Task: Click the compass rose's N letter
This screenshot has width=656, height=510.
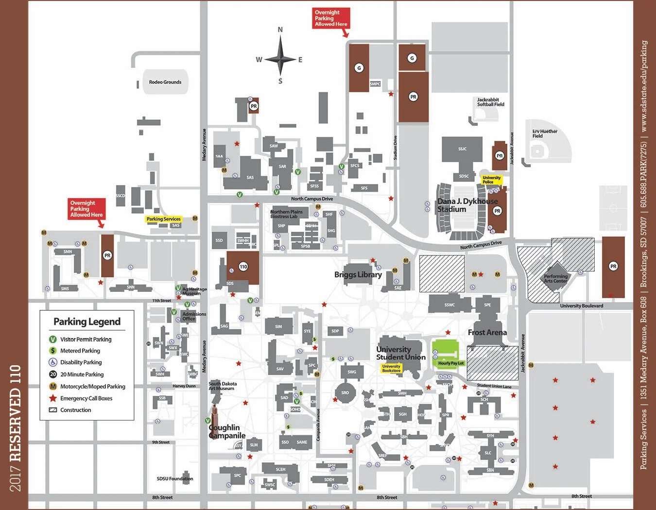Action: pyautogui.click(x=280, y=30)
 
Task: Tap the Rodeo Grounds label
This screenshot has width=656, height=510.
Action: pyautogui.click(x=165, y=82)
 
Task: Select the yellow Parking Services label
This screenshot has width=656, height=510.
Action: pyautogui.click(x=163, y=219)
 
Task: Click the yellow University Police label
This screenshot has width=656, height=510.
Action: pyautogui.click(x=491, y=180)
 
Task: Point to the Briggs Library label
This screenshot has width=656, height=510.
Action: pyautogui.click(x=358, y=274)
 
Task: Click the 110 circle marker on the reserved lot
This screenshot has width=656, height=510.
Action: pyautogui.click(x=243, y=266)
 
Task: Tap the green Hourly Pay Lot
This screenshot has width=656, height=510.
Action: pyautogui.click(x=445, y=352)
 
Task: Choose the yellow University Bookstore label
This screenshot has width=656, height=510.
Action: pyautogui.click(x=391, y=368)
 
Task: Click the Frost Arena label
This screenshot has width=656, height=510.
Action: pyautogui.click(x=487, y=332)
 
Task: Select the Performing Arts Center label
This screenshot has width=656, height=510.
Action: pyautogui.click(x=555, y=278)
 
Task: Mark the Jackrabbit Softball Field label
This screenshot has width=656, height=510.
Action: pyautogui.click(x=490, y=102)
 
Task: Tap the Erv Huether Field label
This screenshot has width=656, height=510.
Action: pyautogui.click(x=544, y=134)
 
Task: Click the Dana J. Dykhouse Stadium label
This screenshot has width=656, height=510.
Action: pyautogui.click(x=467, y=205)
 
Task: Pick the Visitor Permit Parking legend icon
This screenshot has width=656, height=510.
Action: pyautogui.click(x=53, y=339)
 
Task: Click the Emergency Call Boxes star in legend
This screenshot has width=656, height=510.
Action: pyautogui.click(x=53, y=398)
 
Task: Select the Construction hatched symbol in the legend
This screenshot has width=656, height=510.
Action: pyautogui.click(x=53, y=410)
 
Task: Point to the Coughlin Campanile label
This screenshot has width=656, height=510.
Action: pyautogui.click(x=227, y=431)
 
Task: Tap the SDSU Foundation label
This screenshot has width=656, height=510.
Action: pyautogui.click(x=174, y=478)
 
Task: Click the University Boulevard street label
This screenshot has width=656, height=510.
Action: pyautogui.click(x=581, y=306)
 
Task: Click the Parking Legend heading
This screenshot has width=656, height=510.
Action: pyautogui.click(x=87, y=322)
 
